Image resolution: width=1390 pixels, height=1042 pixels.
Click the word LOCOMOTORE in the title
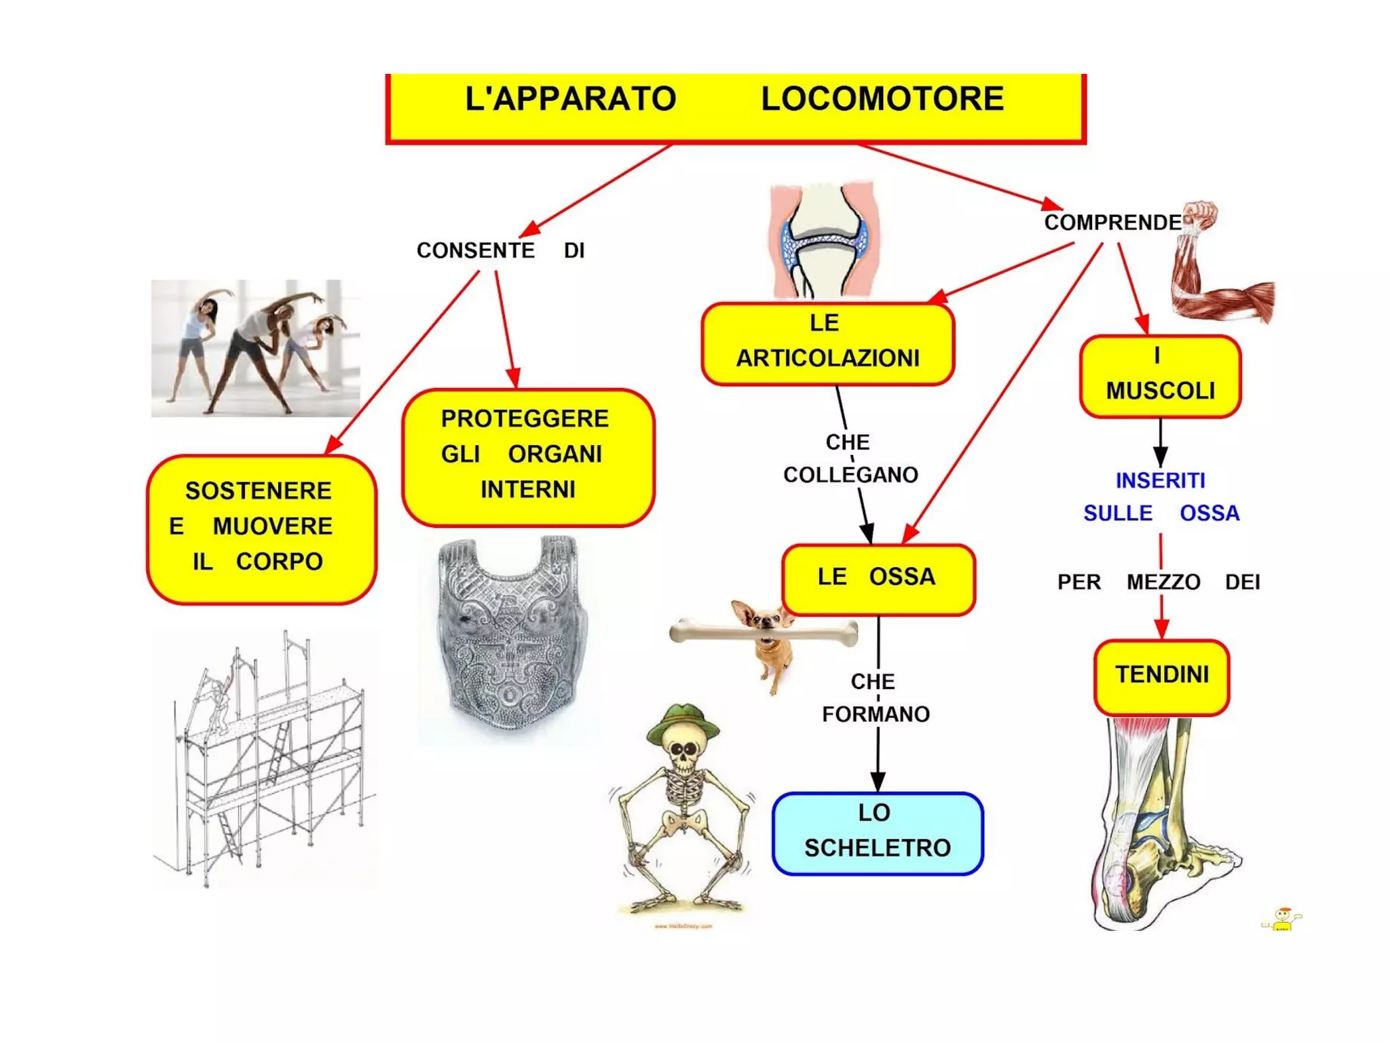882,99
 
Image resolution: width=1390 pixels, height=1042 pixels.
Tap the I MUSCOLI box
1160,376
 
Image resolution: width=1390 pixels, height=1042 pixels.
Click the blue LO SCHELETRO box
877,832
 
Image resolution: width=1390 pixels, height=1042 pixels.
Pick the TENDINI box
1161,676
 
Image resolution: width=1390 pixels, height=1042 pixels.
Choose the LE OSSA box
878,578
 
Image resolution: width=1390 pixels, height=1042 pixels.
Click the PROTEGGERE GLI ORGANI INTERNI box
527,456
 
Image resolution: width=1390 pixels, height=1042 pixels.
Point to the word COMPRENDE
1112,223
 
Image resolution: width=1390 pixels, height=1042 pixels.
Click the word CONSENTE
475,250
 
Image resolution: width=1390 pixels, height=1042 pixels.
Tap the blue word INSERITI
1160,480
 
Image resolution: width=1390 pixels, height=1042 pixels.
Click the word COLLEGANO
850,475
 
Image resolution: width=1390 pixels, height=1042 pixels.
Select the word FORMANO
876,714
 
